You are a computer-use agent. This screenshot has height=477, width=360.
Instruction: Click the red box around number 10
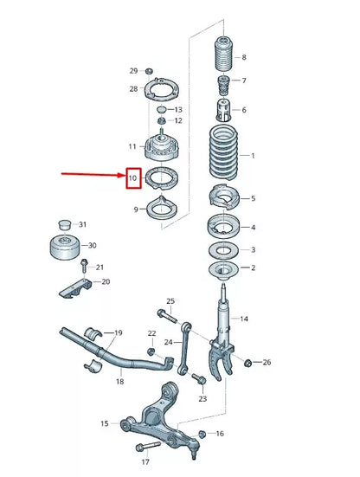point(132,179)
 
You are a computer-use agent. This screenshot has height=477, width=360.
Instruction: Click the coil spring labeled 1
point(224,157)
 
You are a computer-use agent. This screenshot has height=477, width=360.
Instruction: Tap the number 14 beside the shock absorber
point(245,319)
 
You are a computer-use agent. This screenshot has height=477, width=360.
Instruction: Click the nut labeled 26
point(248,362)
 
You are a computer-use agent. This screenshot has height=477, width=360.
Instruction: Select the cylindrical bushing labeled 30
point(65,246)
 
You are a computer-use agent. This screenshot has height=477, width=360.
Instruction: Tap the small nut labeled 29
point(148,68)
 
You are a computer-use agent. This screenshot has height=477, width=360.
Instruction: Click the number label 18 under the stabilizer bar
point(120,381)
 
